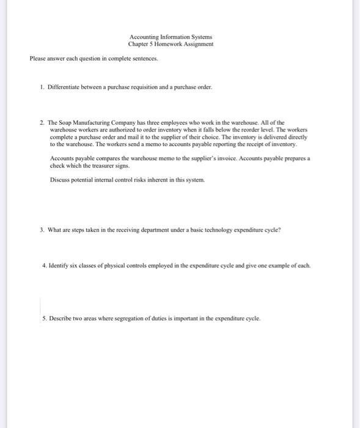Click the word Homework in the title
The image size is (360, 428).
(170, 45)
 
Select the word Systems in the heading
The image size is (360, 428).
(200, 37)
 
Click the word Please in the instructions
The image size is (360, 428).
(38, 59)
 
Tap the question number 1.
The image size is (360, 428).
(42, 87)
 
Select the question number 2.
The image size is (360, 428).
(42, 123)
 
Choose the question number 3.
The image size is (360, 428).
(42, 230)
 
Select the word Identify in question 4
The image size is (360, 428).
(60, 267)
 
